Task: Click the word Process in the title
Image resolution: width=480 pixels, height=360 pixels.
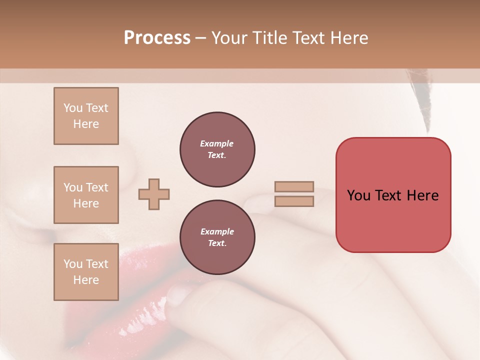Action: (x=157, y=38)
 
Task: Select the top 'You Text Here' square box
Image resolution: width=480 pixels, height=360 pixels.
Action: (x=86, y=116)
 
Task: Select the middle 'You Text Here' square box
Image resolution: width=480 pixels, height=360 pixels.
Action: (x=86, y=195)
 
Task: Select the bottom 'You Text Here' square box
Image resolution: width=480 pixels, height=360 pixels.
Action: (x=86, y=272)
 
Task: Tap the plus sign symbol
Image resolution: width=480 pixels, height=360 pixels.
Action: (x=154, y=194)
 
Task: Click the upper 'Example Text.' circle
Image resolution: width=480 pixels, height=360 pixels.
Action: (x=217, y=149)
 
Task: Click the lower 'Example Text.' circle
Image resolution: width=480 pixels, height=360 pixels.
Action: (x=217, y=237)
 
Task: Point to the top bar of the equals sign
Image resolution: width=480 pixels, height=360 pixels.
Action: (x=294, y=186)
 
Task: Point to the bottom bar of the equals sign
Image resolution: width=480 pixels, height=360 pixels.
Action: (x=294, y=201)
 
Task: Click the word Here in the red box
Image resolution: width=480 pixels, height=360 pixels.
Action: (x=422, y=195)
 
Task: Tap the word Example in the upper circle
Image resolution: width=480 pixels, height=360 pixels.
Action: (x=216, y=143)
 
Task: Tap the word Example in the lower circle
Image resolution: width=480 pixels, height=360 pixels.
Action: (x=217, y=231)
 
